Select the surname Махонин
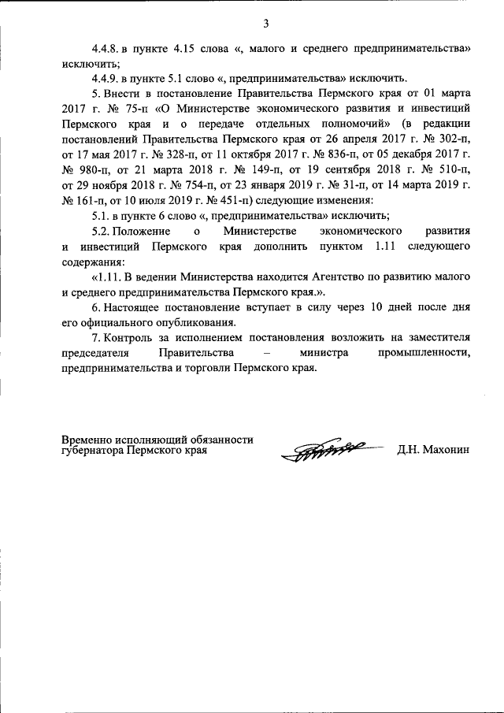pyautogui.click(x=447, y=451)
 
